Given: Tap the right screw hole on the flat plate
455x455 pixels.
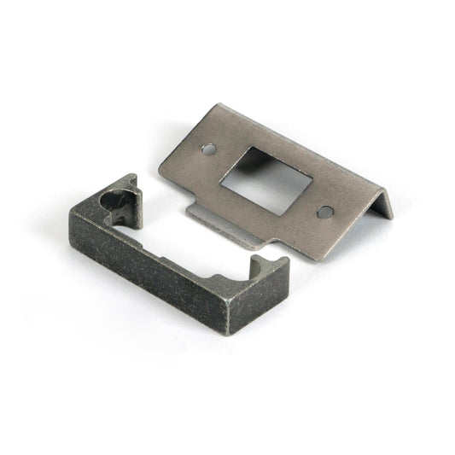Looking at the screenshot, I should [324, 211].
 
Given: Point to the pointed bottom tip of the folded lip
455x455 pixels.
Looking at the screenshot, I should [390, 219].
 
